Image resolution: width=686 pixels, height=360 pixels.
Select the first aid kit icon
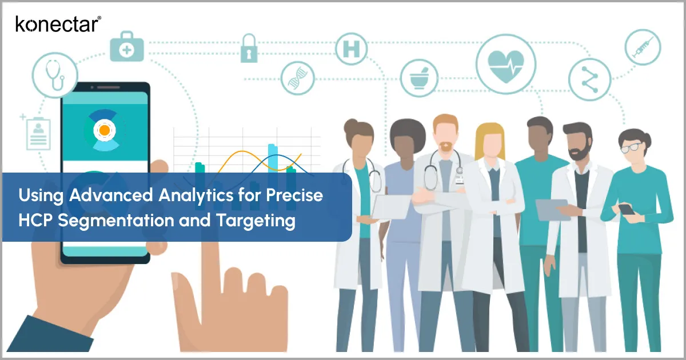[126, 49]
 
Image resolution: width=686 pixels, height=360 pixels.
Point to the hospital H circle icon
[351, 49]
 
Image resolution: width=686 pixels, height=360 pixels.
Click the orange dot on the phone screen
[104, 131]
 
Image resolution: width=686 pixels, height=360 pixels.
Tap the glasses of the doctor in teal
[631, 147]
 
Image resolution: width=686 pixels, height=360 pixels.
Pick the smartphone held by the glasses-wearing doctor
[627, 209]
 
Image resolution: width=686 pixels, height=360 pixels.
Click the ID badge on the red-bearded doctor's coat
[458, 181]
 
